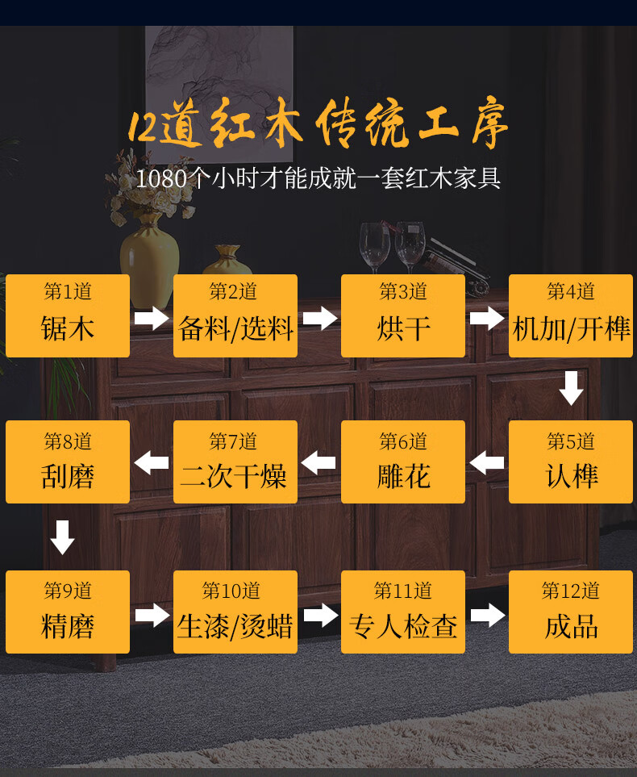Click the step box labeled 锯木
68,315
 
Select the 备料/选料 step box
235,315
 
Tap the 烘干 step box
403,315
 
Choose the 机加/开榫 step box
571,315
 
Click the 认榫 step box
571,462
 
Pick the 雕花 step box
403,462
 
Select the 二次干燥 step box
235,462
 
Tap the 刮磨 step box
68,462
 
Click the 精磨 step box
68,612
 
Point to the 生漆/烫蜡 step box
235,612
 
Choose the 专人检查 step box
403,612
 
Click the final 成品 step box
571,612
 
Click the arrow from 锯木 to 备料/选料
152,318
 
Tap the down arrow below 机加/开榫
571,388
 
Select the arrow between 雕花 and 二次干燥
318,463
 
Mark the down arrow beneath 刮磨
63,537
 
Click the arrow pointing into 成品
487,616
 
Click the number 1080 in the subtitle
161,178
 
